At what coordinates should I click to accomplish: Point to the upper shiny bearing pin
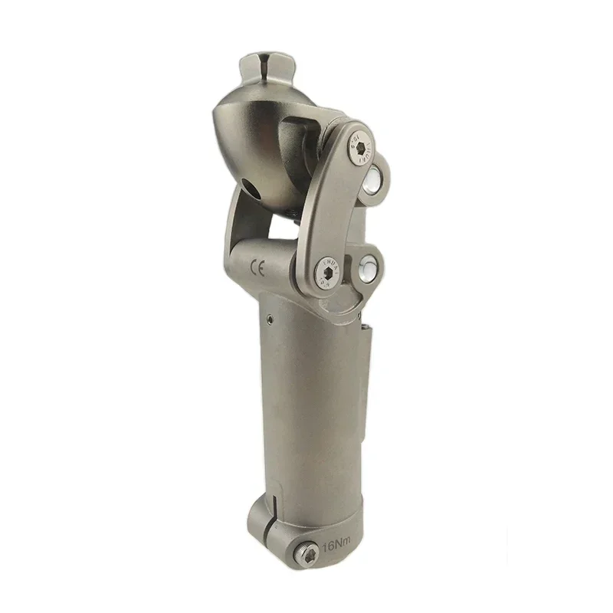374,181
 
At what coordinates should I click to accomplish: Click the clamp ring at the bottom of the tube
306,529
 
